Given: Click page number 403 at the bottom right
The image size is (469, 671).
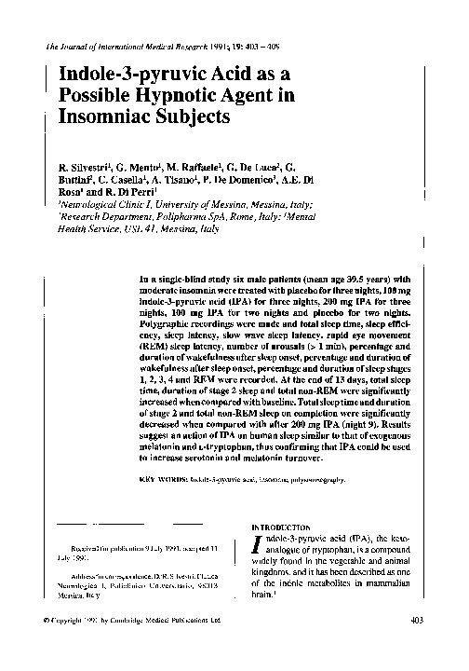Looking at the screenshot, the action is pos(417,619).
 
